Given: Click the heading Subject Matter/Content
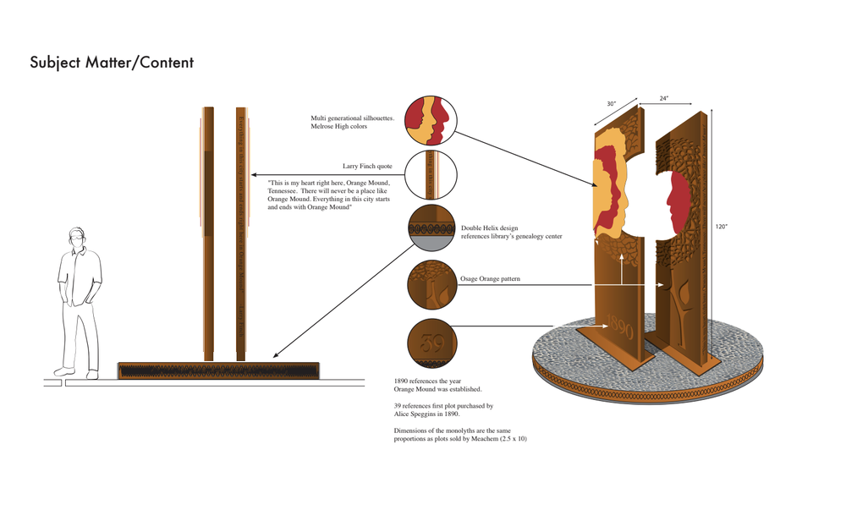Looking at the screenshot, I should pyautogui.click(x=112, y=63).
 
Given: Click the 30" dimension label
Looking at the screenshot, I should pyautogui.click(x=611, y=104).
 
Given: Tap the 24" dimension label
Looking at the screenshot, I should pyautogui.click(x=664, y=99).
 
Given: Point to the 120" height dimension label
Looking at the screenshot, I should pyautogui.click(x=721, y=227).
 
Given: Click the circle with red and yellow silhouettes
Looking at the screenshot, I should pyautogui.click(x=431, y=121).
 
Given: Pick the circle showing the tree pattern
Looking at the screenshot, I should pyautogui.click(x=432, y=284).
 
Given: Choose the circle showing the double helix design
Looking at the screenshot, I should pyautogui.click(x=432, y=228).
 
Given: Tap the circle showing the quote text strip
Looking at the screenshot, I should pyautogui.click(x=431, y=175).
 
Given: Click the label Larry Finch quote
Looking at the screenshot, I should pyautogui.click(x=367, y=167).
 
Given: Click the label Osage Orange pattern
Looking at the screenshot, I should pyautogui.click(x=490, y=279).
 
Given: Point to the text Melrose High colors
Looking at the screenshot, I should pyautogui.click(x=339, y=127).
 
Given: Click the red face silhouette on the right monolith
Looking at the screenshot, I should pyautogui.click(x=678, y=200).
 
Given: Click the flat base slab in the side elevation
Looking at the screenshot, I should pyautogui.click(x=218, y=370).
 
